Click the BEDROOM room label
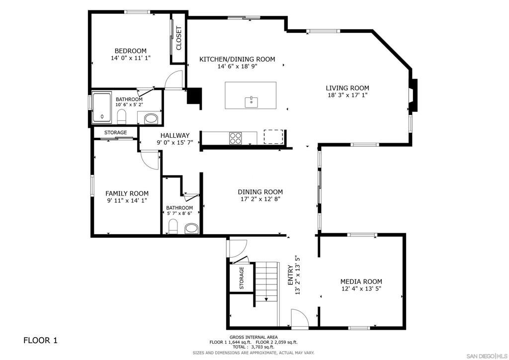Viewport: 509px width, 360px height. tap(131, 51)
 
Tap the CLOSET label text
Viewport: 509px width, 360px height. tap(178, 38)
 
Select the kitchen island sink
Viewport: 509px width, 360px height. tap(251, 102)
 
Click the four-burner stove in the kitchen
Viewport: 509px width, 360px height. tap(235, 138)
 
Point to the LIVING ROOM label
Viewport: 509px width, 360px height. tap(347, 88)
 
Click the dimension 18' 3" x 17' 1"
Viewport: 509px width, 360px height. tap(347, 95)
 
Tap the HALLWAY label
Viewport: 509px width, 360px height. tap(175, 135)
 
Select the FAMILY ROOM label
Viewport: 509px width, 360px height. tap(127, 193)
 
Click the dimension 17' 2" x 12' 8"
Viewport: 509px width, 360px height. tap(260, 199)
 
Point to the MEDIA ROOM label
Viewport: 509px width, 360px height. tap(361, 281)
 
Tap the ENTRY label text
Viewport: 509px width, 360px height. tap(290, 275)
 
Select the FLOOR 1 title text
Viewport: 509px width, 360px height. tap(40, 340)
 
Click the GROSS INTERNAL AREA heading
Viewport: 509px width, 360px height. tap(254, 337)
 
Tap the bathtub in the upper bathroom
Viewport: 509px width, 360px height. tap(102, 108)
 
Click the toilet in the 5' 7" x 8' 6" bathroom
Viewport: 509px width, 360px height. tap(173, 226)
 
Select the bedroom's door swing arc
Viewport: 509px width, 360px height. tap(172, 77)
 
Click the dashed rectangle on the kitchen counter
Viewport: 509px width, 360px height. tap(273, 137)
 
